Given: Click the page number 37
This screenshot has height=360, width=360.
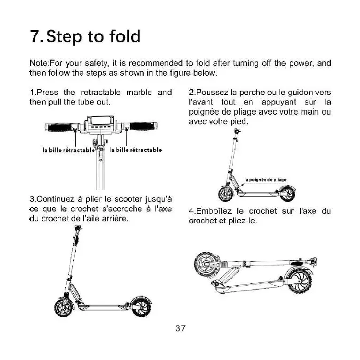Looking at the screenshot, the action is [x=180, y=329].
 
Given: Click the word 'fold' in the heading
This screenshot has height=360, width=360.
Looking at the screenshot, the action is [x=120, y=36].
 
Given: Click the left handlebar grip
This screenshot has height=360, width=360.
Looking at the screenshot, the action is [x=59, y=127].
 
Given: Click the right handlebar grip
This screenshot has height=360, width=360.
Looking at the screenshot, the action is [x=144, y=127].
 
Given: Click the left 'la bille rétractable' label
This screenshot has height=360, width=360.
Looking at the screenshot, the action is [x=68, y=150].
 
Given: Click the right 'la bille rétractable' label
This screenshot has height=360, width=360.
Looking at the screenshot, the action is [x=135, y=150].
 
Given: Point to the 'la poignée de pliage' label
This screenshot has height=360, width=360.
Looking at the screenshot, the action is [x=266, y=180].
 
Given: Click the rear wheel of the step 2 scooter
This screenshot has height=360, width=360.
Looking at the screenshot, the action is [x=286, y=193].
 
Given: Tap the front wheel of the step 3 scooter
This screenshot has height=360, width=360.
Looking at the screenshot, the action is [x=63, y=308].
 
